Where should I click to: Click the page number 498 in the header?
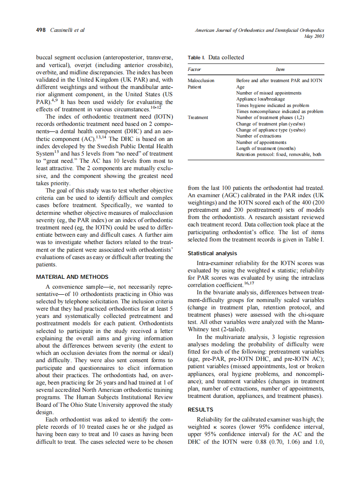[x=42, y=30]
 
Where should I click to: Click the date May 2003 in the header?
[x=314, y=36]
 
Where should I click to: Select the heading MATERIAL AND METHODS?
[x=72, y=277]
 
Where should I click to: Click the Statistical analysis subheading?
[x=212, y=253]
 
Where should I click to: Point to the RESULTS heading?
[x=201, y=410]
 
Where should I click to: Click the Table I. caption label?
[x=197, y=58]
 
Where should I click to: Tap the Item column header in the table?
[x=280, y=69]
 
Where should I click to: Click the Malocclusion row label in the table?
[x=201, y=80]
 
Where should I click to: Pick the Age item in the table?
[x=240, y=86]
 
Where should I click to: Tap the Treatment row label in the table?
[x=198, y=117]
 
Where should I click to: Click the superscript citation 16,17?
[x=249, y=283]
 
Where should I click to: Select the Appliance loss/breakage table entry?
[x=261, y=99]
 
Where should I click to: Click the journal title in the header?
[x=259, y=30]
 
